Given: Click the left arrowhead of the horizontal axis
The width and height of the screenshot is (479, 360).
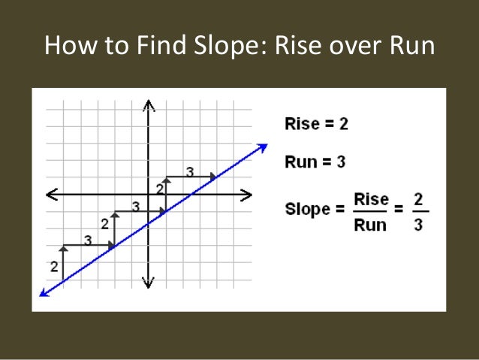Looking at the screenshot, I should click(x=51, y=195).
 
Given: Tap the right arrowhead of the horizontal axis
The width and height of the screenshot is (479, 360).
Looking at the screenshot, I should click(x=247, y=195).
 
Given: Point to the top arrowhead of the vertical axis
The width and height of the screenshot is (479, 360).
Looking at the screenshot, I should click(x=149, y=104).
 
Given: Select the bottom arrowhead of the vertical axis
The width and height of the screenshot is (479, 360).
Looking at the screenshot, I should click(x=149, y=283).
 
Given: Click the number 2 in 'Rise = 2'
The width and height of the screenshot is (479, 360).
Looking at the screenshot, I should click(x=343, y=124).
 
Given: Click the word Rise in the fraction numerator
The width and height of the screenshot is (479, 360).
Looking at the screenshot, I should click(x=371, y=199).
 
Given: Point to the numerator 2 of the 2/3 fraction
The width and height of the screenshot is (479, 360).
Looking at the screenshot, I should click(x=418, y=199).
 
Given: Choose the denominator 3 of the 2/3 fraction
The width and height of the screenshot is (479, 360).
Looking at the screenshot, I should click(x=418, y=225).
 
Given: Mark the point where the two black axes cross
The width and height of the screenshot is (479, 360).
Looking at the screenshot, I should click(x=149, y=195).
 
